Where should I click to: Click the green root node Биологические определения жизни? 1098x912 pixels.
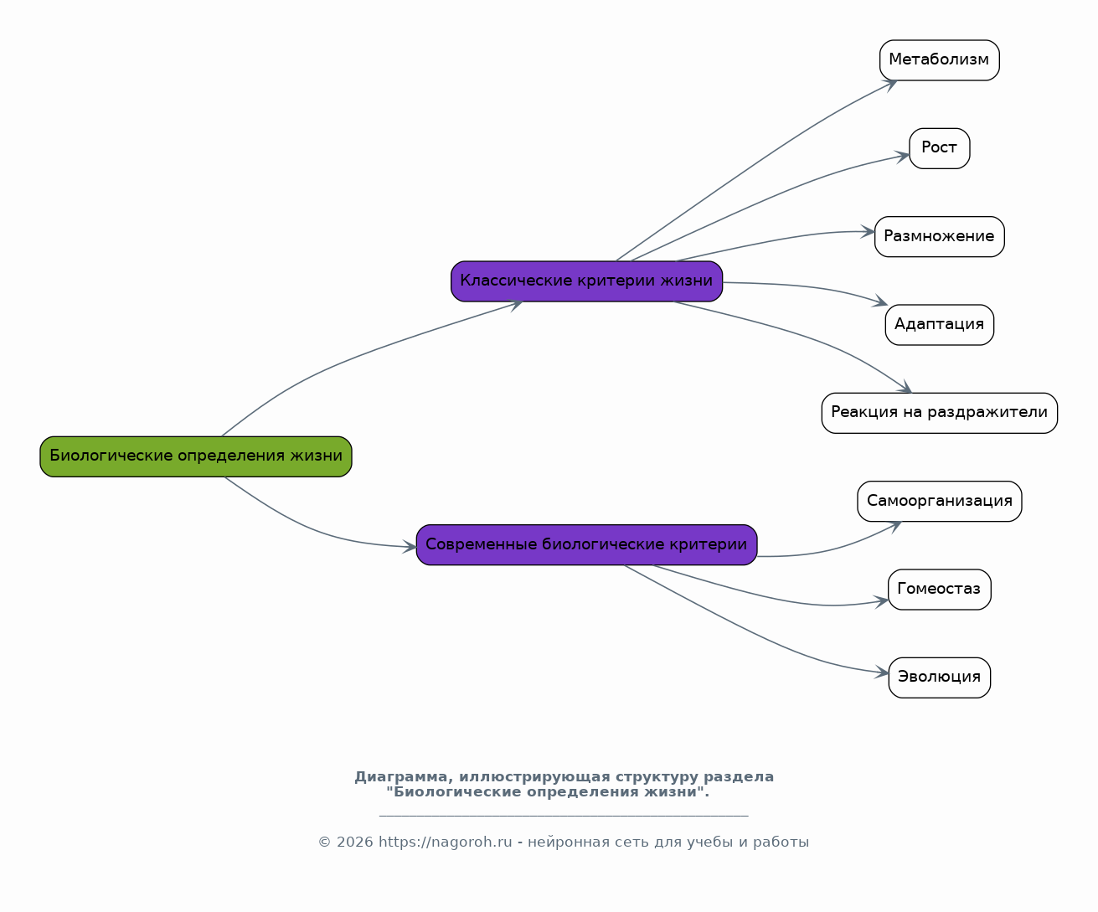coord(196,456)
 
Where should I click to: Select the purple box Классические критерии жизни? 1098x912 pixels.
coord(586,281)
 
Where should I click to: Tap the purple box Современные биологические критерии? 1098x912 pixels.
coord(586,545)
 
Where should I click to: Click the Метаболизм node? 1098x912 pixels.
coord(939,60)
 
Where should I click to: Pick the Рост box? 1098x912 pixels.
coord(939,148)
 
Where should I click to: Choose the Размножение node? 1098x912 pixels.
coord(939,237)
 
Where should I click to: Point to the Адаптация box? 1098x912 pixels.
coord(939,325)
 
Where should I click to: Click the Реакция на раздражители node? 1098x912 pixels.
coord(939,413)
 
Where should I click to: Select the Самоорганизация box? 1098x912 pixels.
coord(939,502)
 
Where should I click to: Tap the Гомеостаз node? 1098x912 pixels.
coord(939,590)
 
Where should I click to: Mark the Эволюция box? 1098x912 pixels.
coord(939,678)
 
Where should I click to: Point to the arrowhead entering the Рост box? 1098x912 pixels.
coord(902,157)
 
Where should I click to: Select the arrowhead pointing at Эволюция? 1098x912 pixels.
coord(882,672)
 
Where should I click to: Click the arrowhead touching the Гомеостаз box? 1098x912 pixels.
coord(882,601)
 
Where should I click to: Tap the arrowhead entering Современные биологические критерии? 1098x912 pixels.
coord(410,547)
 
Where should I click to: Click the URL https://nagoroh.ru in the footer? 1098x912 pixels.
coord(445,842)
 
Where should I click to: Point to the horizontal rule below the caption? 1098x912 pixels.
coord(564,816)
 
